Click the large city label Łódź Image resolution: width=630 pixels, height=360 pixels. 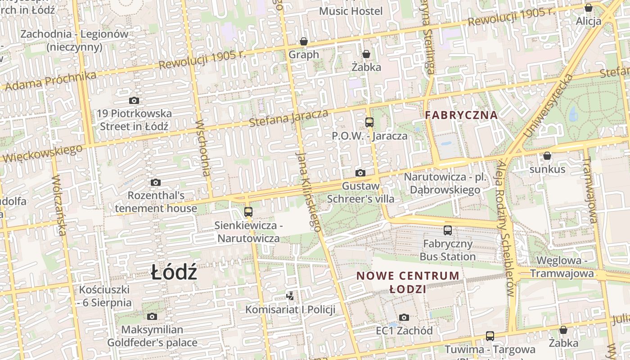(174, 273)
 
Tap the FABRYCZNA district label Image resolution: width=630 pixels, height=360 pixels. (461, 115)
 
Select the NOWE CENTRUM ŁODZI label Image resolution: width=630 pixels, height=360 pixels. (408, 282)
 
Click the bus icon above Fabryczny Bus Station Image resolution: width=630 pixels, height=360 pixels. (448, 230)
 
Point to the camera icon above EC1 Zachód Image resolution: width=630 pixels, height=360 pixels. (404, 317)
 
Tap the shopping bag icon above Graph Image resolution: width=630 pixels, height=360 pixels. (304, 42)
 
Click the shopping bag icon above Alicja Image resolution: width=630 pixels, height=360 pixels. (588, 8)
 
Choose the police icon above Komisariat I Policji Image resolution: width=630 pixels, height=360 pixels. (290, 296)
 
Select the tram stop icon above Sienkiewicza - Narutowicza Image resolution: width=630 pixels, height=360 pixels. (248, 211)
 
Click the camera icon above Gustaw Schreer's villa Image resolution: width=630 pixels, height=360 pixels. (360, 173)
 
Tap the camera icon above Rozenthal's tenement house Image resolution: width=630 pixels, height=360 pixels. (156, 182)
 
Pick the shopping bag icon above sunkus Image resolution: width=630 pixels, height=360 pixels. (547, 156)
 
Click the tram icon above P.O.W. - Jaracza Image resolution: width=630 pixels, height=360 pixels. (369, 122)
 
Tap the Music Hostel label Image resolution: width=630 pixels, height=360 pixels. (351, 11)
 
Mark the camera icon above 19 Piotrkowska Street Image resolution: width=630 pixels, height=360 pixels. (134, 100)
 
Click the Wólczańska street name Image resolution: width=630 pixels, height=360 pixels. (59, 205)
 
